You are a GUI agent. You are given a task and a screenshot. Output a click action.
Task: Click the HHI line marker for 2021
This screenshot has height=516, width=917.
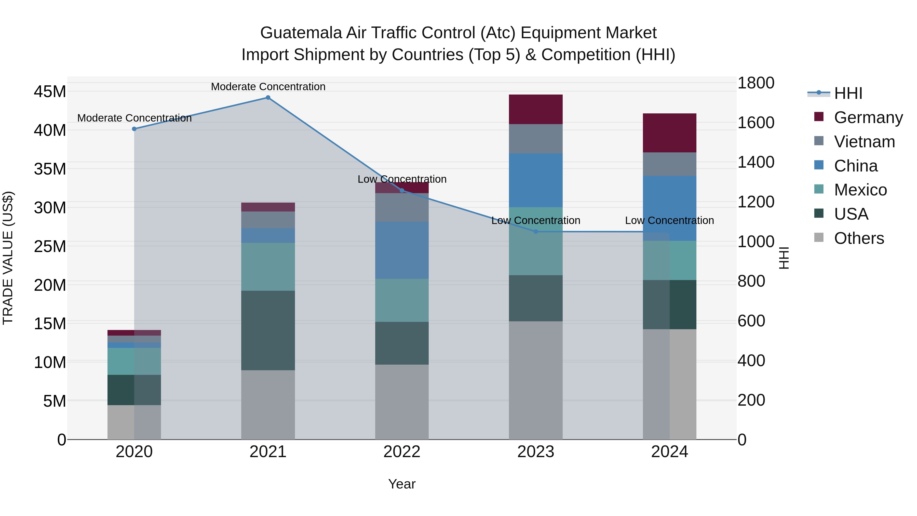pos(268,98)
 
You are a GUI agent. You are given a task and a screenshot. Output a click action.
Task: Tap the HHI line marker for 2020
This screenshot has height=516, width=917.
pos(134,129)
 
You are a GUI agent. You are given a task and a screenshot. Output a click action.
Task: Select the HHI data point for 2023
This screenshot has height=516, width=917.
pos(536,231)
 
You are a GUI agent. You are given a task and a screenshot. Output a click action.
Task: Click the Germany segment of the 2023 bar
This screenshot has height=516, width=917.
pos(536,109)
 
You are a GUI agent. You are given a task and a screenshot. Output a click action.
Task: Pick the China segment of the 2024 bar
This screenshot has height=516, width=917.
pos(670,208)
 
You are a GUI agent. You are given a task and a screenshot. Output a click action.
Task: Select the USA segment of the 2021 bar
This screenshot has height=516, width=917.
pos(268,330)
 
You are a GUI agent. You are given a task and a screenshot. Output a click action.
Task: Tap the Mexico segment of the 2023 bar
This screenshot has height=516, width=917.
pos(536,241)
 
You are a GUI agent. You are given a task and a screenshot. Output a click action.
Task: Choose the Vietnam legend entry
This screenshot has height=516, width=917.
pos(864,142)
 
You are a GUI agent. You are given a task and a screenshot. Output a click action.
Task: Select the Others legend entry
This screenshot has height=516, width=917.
pos(859,238)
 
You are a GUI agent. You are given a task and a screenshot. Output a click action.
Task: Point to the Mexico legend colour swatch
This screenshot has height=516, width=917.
pos(819,189)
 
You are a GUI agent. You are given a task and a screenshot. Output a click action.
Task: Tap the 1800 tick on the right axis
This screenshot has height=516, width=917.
pos(756,83)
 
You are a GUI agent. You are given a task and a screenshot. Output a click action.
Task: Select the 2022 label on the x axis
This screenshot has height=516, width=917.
pos(402,452)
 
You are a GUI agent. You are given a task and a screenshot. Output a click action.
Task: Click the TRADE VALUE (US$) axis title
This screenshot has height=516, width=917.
pos(8,258)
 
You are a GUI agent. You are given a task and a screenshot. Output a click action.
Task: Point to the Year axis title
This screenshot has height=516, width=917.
pos(402,484)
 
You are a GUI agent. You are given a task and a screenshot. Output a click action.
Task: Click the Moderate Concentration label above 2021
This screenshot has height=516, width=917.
pos(268,87)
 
